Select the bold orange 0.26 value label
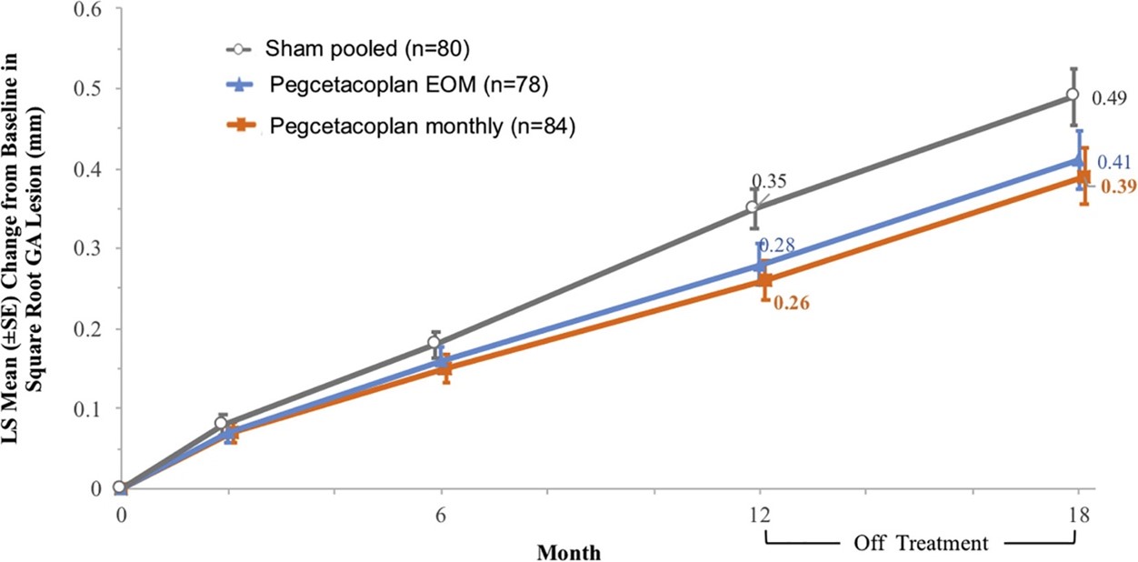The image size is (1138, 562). (x=791, y=303)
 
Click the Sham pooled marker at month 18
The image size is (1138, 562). (x=1073, y=95)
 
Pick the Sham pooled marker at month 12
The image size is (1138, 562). (x=753, y=207)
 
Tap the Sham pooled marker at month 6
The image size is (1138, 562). (x=434, y=343)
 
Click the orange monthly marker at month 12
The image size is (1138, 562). (x=764, y=280)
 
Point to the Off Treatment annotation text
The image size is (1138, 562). (x=921, y=544)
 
